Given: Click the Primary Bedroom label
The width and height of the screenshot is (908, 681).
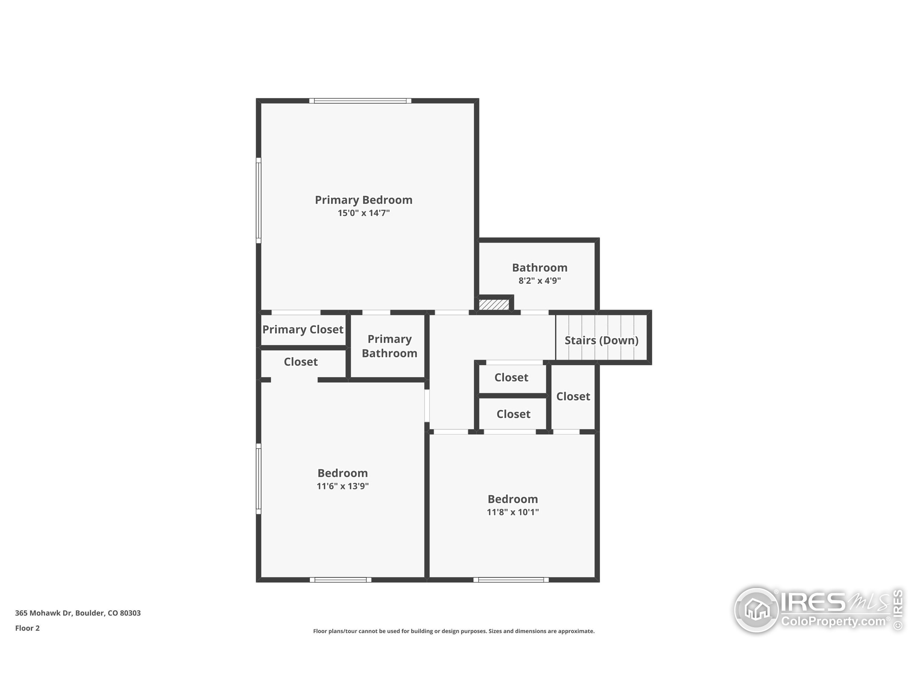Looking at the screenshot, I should (363, 200).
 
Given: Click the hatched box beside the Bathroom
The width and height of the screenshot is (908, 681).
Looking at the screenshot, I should (494, 305).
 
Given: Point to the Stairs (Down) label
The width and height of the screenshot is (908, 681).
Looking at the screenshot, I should (601, 340).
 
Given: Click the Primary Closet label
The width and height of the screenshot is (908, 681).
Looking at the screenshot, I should (303, 330).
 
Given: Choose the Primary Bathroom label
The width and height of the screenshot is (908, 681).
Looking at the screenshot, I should (389, 346).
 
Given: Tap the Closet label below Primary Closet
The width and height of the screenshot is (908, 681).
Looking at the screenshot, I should (300, 362).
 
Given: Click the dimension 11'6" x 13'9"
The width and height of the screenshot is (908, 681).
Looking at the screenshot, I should (342, 486).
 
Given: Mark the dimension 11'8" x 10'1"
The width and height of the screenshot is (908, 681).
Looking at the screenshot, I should (513, 512).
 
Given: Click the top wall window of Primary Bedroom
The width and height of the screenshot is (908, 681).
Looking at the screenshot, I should (360, 101).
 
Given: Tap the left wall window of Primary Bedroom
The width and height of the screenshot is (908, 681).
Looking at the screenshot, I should (259, 200).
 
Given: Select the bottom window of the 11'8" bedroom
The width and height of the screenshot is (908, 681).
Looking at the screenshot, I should (511, 580).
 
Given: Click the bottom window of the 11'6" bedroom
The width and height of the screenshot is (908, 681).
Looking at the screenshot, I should (340, 580).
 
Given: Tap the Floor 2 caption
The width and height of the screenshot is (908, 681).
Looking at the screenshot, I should (27, 628).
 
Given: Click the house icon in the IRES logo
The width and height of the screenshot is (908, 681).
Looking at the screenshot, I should (757, 610).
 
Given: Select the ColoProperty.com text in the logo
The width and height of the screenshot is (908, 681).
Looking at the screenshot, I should (833, 621).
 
